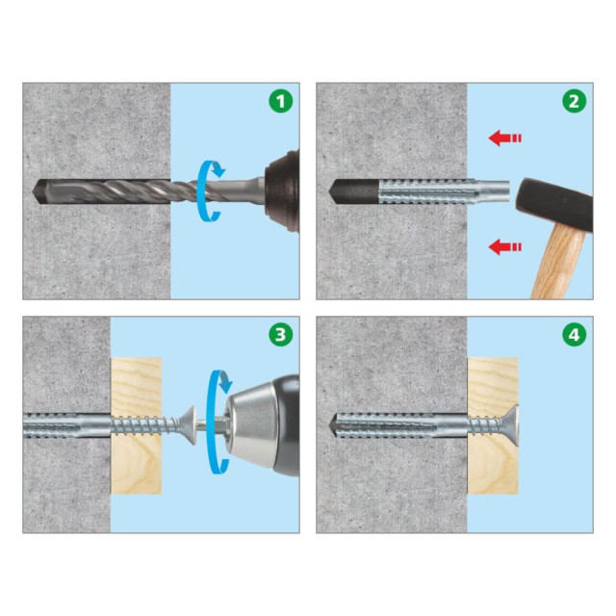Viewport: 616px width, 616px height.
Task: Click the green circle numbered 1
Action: click(x=280, y=101)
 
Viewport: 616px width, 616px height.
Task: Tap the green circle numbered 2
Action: click(x=574, y=101)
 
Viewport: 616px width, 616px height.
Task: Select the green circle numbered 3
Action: click(x=280, y=335)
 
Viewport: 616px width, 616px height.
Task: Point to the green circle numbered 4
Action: click(x=574, y=335)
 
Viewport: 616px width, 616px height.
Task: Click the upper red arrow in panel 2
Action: click(x=504, y=138)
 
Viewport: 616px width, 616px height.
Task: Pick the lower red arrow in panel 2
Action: click(x=504, y=246)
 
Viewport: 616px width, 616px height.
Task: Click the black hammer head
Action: click(x=554, y=203)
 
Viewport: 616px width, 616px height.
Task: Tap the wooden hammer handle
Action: click(x=557, y=263)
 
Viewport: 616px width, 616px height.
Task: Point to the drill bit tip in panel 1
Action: click(x=36, y=192)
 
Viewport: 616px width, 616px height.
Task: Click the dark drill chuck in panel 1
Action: click(x=283, y=191)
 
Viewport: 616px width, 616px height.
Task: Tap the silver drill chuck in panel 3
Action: click(x=251, y=424)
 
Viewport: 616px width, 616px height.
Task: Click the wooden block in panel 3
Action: click(x=136, y=425)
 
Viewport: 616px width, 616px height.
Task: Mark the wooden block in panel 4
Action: click(x=493, y=425)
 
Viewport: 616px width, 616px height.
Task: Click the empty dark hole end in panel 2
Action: click(x=353, y=192)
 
